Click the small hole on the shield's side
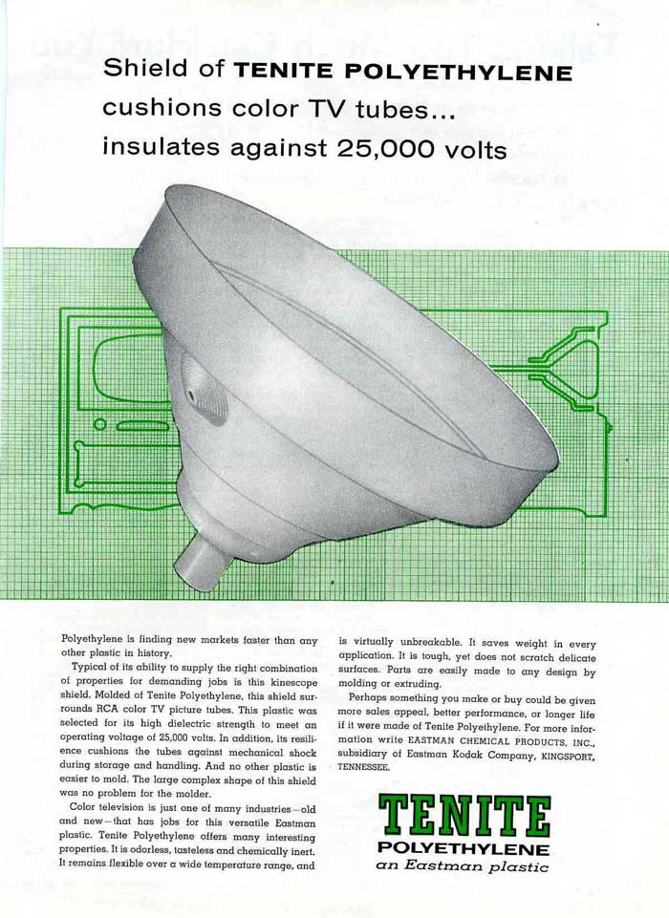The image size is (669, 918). [191, 394]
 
